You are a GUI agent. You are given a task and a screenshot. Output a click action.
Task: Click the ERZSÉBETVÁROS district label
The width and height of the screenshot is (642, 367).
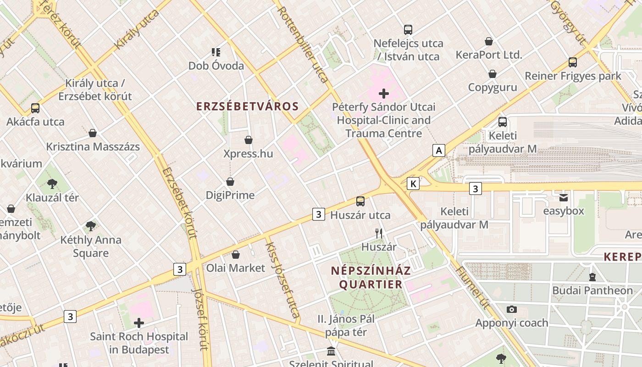point(248,106)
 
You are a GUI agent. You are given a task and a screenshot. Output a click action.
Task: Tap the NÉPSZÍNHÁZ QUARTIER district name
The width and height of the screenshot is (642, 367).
point(371,278)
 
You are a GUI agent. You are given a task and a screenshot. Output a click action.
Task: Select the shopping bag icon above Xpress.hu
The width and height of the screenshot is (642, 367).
point(249,140)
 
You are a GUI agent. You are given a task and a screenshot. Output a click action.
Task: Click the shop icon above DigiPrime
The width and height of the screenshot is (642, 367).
point(230,182)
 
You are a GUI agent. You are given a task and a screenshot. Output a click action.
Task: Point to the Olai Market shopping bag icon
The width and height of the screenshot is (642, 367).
point(236,255)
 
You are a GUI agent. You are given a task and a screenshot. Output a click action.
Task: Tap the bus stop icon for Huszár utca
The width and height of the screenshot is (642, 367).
point(360,201)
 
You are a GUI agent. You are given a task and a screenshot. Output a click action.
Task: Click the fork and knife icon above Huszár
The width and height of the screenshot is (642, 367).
point(379,234)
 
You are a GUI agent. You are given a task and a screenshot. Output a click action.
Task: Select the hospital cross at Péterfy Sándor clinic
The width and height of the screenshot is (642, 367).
point(384,94)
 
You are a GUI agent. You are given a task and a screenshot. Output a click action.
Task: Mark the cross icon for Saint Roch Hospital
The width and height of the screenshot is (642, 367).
point(139,323)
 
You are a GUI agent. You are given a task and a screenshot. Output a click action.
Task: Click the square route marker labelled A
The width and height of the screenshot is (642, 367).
point(439,150)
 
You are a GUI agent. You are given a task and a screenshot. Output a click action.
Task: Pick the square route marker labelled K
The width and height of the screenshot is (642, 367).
point(413,184)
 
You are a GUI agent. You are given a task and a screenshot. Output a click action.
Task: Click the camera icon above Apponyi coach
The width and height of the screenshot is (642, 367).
point(512,310)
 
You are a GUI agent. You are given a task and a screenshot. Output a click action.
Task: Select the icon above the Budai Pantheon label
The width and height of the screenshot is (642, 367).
point(592,277)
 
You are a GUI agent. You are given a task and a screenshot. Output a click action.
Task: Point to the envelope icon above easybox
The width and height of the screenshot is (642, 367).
point(564,198)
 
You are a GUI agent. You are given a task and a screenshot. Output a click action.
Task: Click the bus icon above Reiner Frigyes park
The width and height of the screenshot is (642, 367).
point(573,62)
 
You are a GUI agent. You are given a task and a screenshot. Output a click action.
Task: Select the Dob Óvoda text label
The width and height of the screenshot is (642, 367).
point(216,66)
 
